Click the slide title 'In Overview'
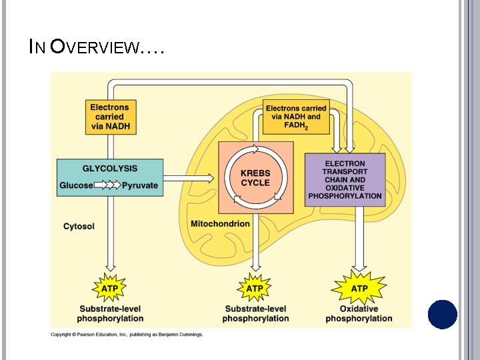point(97,47)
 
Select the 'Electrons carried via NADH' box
point(110,117)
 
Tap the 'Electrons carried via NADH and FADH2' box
point(296,117)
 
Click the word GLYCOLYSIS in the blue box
point(110,169)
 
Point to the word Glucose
point(77,185)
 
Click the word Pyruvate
point(140,185)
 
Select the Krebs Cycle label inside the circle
point(255,178)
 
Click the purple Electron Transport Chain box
point(345,180)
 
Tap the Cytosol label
point(79,226)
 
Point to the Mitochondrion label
point(220,223)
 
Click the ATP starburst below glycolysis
point(111,289)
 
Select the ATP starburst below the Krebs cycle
point(255,289)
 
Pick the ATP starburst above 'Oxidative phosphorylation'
point(359,289)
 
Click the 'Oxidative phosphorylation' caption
point(359,313)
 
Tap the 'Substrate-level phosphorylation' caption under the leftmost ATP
point(111,313)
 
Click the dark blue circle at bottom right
point(443,315)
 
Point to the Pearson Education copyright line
point(127,334)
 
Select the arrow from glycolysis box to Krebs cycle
point(189,178)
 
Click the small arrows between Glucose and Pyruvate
point(107,185)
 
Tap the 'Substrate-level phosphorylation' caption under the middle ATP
point(255,313)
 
